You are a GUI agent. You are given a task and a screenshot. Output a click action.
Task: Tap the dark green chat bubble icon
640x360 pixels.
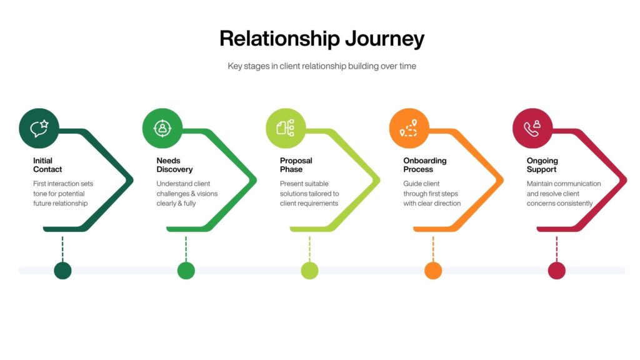(x=39, y=128)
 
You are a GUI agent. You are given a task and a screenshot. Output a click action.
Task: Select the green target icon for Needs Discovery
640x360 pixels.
(x=162, y=128)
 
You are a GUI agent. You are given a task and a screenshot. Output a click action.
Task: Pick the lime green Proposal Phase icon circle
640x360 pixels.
(x=286, y=128)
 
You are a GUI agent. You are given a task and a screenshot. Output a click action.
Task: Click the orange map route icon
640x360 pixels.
(x=409, y=128)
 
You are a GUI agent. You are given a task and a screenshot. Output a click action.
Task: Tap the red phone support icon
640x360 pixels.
(x=532, y=128)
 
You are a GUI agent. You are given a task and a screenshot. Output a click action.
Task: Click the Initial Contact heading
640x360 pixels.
(x=47, y=165)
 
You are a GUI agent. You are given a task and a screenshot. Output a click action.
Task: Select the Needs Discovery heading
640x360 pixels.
(x=174, y=165)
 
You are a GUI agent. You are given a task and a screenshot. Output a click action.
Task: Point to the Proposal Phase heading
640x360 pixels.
(x=296, y=165)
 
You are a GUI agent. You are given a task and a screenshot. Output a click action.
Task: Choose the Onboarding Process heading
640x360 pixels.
(x=424, y=165)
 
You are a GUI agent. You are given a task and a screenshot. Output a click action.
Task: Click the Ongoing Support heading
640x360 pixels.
(x=542, y=165)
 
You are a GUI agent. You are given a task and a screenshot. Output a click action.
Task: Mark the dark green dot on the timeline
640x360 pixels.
(x=62, y=271)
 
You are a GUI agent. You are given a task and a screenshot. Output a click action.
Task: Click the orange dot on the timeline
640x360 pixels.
(x=433, y=271)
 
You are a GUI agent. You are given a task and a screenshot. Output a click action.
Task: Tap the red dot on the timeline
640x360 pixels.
(x=556, y=271)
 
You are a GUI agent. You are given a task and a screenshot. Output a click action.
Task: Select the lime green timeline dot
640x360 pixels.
(x=309, y=271)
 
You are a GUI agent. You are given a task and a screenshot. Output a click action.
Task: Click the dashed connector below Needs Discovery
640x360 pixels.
(x=186, y=248)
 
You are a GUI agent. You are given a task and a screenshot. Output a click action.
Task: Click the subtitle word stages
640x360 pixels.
(x=262, y=66)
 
